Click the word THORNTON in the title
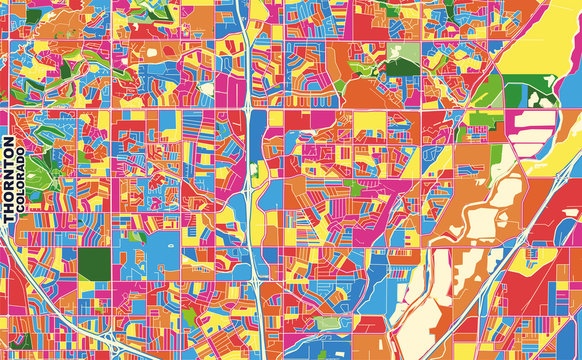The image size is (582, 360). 9,181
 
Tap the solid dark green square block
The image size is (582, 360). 95,264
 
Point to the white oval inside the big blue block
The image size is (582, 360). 160,245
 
